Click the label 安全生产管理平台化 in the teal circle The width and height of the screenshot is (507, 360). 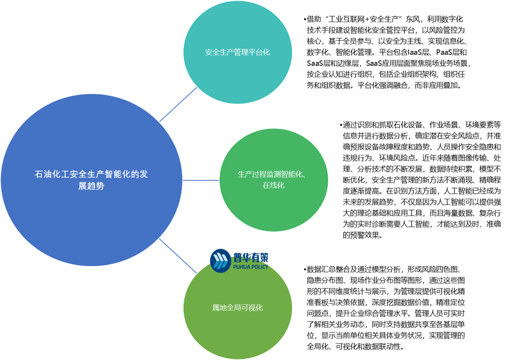click(238, 52)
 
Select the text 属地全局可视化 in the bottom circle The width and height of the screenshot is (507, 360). click(238, 308)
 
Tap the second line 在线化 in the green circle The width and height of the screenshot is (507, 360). click(273, 185)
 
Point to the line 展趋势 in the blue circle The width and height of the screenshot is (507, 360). click(91, 186)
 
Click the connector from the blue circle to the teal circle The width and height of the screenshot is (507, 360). click(178, 105)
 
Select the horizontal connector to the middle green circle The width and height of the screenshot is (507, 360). click(201, 180)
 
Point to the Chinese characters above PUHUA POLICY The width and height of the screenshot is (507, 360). click(250, 257)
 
